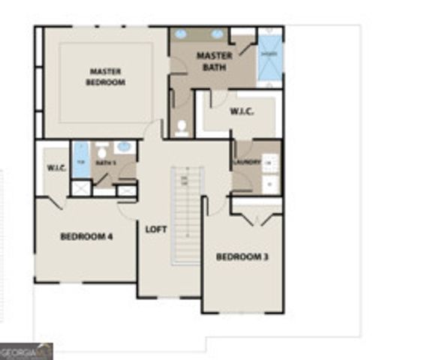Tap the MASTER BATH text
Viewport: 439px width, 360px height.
coord(214,61)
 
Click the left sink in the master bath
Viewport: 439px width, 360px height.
coord(182,34)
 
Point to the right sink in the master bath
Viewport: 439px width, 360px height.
coord(217,34)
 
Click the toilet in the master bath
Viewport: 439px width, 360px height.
coord(181,128)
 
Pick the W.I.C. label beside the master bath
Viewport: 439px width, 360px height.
coord(242,112)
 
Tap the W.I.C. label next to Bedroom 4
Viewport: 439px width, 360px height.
coord(57,166)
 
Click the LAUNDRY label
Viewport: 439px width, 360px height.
coord(247,162)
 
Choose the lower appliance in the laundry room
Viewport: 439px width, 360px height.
coord(271,183)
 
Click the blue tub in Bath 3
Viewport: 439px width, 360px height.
coord(81,159)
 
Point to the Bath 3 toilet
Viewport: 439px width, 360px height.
coord(102,154)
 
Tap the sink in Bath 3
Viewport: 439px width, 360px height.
coord(125,147)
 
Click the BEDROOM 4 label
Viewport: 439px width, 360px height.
coord(86,237)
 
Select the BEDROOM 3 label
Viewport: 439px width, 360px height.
coord(242,257)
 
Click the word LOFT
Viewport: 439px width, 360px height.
coord(155,229)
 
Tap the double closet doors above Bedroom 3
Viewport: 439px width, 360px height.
coord(257,218)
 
